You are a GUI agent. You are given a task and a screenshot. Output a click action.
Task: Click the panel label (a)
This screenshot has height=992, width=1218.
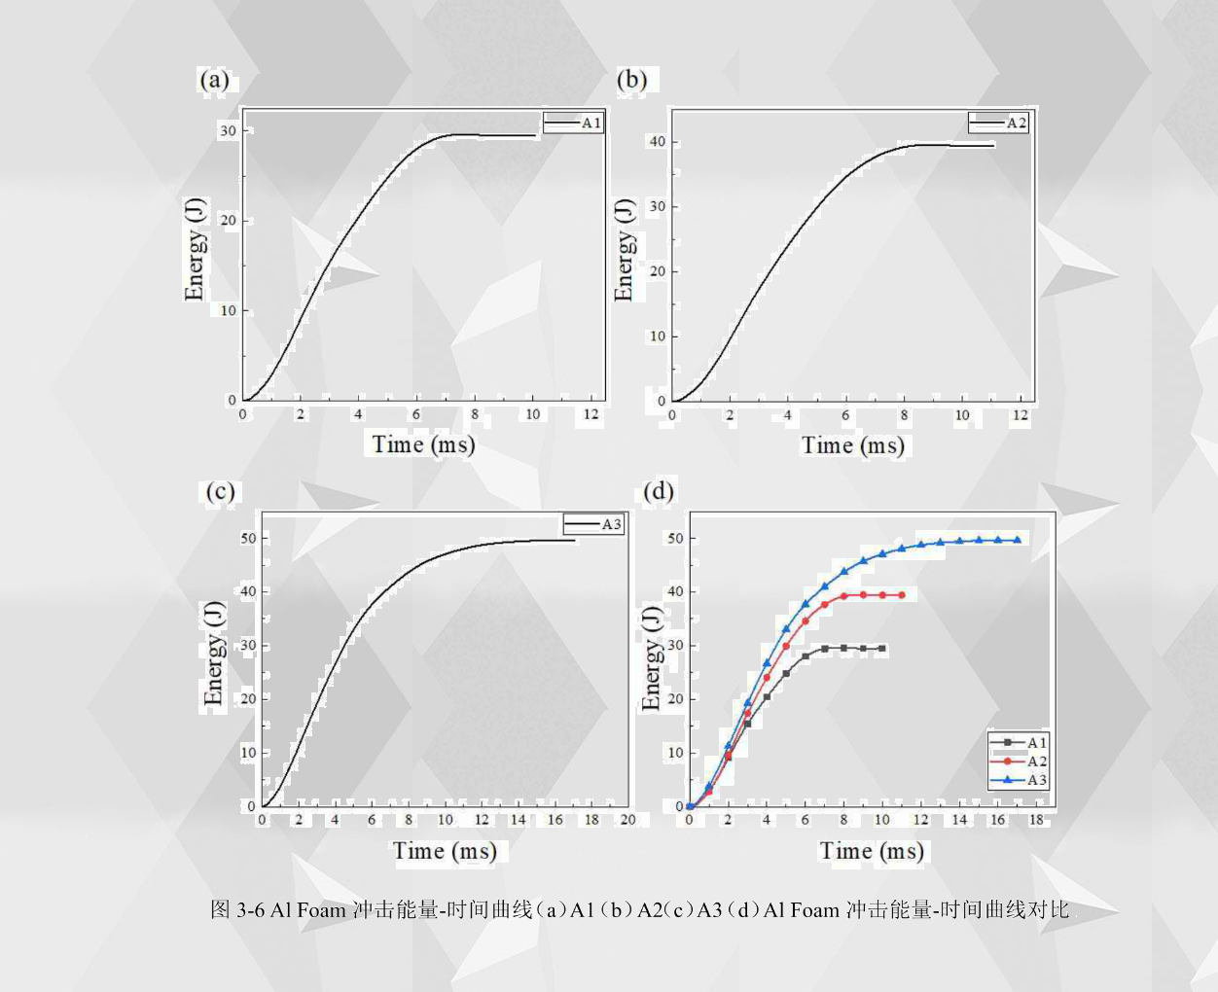[214, 80]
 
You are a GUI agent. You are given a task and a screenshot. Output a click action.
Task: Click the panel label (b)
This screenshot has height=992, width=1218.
[632, 80]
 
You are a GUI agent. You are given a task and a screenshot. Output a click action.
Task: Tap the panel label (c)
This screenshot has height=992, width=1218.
[220, 491]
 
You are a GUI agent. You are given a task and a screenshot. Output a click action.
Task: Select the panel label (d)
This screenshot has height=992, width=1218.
[659, 490]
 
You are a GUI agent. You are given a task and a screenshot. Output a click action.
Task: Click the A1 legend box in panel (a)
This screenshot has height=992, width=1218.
[574, 124]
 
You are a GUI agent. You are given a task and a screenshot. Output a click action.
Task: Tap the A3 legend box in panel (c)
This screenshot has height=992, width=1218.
[593, 524]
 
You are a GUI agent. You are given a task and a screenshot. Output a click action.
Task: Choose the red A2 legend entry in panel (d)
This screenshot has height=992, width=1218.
[1019, 762]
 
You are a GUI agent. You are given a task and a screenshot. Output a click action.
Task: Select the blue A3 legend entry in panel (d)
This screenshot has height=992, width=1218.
[1019, 780]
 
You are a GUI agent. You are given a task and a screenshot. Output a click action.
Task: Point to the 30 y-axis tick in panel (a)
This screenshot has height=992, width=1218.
[229, 130]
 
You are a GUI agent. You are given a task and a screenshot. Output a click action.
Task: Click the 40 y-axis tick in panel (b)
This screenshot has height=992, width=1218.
[658, 142]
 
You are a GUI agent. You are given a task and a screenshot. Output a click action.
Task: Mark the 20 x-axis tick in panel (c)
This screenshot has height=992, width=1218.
[627, 820]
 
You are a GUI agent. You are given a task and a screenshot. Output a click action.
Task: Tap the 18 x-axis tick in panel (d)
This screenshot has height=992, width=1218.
[1036, 820]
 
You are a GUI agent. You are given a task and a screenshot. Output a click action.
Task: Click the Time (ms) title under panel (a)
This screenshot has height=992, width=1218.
[423, 445]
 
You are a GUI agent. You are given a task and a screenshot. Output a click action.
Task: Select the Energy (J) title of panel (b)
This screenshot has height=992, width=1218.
[624, 250]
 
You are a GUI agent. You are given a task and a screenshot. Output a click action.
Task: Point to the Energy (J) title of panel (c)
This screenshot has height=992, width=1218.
[213, 653]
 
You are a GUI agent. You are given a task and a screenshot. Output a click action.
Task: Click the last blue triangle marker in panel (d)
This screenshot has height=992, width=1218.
[1017, 540]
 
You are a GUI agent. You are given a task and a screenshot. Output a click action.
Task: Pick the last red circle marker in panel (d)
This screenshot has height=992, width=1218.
[902, 595]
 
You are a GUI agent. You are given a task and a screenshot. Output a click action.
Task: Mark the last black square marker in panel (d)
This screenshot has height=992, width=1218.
[882, 649]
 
